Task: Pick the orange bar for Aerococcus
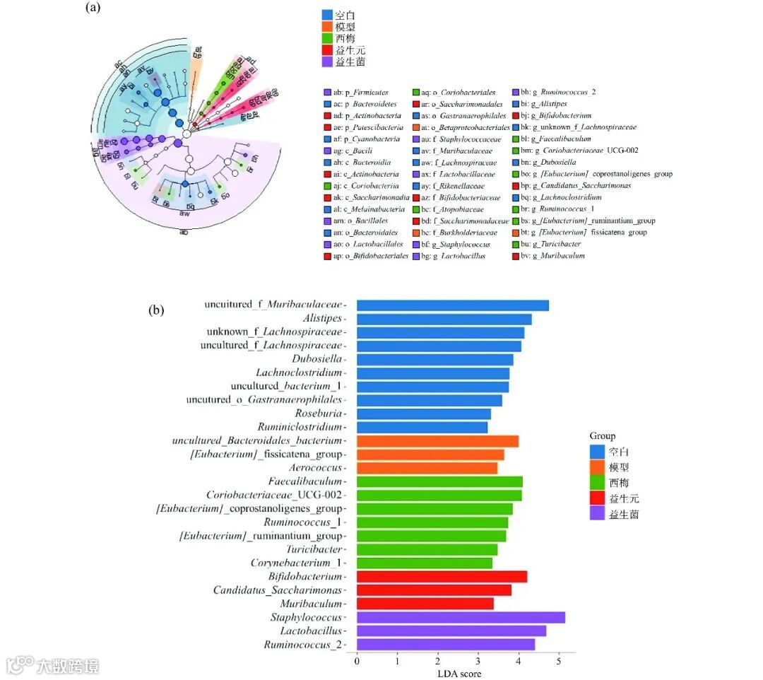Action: pos(427,468)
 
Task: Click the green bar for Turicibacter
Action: pos(427,549)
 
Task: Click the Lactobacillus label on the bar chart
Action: pos(310,631)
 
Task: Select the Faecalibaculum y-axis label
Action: pos(305,481)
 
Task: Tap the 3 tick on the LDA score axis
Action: pos(478,662)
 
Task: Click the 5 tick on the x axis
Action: pos(559,662)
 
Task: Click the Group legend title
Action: pos(602,436)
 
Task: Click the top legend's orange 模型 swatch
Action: pos(327,26)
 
